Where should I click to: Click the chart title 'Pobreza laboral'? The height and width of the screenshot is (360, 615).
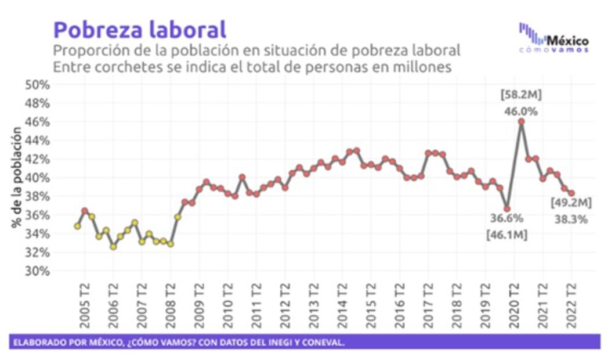(140, 29)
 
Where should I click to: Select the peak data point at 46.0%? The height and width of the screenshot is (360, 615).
(522, 121)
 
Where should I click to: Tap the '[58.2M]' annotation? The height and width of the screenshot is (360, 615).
(521, 95)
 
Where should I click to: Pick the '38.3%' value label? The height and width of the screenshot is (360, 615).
(571, 219)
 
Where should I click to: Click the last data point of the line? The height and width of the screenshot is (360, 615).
(571, 193)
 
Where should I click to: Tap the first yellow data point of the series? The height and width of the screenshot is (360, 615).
(77, 226)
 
